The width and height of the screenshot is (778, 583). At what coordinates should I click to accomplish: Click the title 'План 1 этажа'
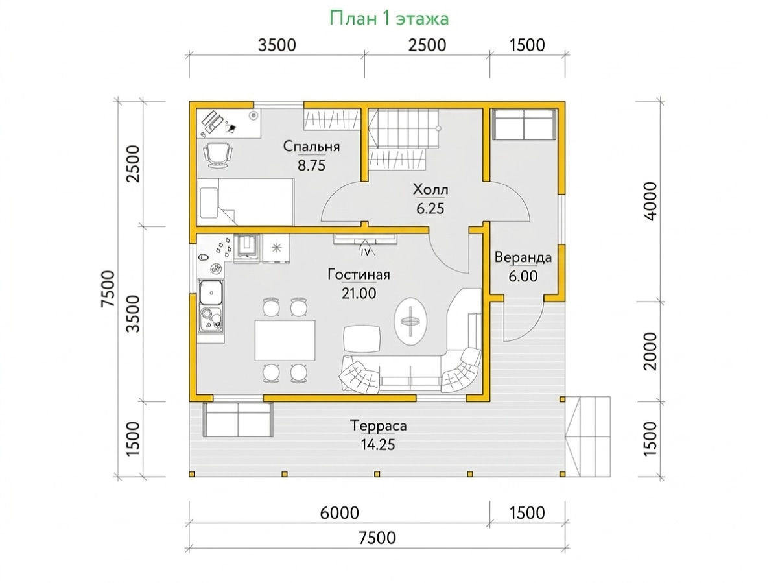pyautogui.click(x=389, y=18)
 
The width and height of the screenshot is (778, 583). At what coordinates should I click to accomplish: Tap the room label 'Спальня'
pyautogui.click(x=311, y=147)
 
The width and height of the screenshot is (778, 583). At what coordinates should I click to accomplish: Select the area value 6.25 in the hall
pyautogui.click(x=430, y=208)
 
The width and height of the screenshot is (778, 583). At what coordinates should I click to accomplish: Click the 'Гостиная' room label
pyautogui.click(x=359, y=275)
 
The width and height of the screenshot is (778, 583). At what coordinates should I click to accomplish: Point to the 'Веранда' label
pyautogui.click(x=523, y=257)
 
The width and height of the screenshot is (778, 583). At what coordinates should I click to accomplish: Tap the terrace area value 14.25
pyautogui.click(x=378, y=444)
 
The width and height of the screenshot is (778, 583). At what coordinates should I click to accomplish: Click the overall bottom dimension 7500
pyautogui.click(x=377, y=538)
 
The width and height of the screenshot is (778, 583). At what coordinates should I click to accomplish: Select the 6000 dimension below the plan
pyautogui.click(x=339, y=513)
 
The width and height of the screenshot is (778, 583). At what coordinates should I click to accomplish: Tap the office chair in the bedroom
pyautogui.click(x=218, y=155)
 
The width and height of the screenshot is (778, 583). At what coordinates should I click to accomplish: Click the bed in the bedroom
pyautogui.click(x=245, y=202)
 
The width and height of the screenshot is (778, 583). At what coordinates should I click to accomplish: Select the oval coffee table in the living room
pyautogui.click(x=410, y=321)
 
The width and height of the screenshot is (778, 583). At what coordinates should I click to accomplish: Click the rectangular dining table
pyautogui.click(x=285, y=340)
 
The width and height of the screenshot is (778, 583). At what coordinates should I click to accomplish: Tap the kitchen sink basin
pyautogui.click(x=211, y=292)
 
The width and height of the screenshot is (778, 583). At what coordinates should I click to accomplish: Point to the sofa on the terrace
pyautogui.click(x=238, y=420)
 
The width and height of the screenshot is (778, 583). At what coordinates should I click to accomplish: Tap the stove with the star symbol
pyautogui.click(x=276, y=248)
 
